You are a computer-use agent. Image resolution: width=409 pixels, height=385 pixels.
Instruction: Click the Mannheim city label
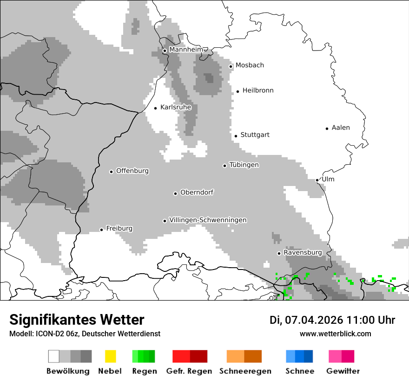[x=186, y=50]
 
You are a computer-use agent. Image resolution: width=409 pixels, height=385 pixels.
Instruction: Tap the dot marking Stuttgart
[x=236, y=136]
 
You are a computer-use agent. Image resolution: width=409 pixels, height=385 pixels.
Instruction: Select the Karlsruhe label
[x=176, y=107]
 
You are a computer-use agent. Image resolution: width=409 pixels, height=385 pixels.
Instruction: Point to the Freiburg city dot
[x=101, y=230]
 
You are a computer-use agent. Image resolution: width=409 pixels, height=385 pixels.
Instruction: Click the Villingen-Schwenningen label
[x=208, y=220]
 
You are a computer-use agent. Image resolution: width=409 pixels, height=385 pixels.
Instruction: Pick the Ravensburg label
[x=303, y=252]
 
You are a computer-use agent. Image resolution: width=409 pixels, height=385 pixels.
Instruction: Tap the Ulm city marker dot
[x=317, y=180]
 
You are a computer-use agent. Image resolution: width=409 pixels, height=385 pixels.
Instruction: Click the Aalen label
[x=341, y=128]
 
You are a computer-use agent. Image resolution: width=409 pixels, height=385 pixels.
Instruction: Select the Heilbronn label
[x=258, y=90]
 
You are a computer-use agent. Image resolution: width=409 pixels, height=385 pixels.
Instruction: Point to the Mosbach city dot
[x=231, y=66]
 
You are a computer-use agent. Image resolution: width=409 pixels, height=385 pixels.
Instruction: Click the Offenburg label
[x=132, y=171]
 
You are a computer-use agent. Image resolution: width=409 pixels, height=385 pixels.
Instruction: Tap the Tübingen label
[x=244, y=165]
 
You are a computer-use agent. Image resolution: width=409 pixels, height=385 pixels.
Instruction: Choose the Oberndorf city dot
[x=175, y=193]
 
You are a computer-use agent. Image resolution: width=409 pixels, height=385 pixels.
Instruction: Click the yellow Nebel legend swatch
[x=110, y=356]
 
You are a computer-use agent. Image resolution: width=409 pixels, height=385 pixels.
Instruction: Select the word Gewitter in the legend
[x=343, y=371]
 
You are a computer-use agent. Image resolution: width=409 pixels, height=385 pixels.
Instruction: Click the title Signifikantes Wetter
[x=77, y=320]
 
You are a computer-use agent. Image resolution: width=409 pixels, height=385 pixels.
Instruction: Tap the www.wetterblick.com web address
[x=335, y=334]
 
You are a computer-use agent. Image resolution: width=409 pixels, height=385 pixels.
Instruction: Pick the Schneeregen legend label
[x=245, y=371]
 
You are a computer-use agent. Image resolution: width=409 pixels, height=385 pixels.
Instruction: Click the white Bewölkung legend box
[x=54, y=356]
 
